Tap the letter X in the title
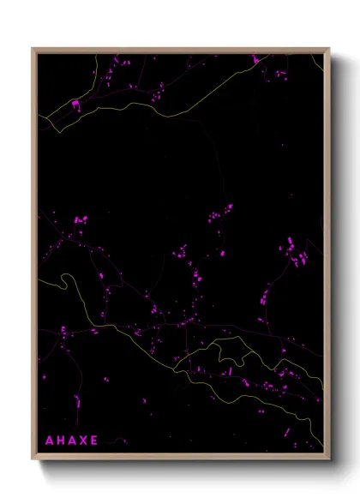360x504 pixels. [x=86, y=441]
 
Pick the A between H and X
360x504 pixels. [x=72, y=441]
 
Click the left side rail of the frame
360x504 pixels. [x=34, y=257]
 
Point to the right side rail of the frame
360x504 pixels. [x=327, y=257]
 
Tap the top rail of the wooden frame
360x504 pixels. [x=180, y=50]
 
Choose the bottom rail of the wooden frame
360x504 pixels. [x=180, y=458]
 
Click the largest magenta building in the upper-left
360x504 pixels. [x=75, y=105]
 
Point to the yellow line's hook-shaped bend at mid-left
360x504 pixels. [x=63, y=279]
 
